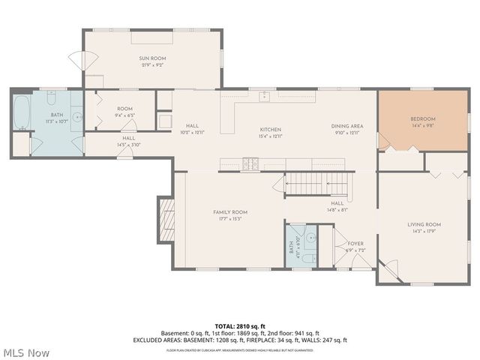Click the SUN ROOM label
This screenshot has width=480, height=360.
coord(151,58)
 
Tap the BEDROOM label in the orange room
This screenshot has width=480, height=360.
coord(422,119)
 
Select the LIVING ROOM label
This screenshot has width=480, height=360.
coord(424,224)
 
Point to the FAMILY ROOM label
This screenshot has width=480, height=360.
coord(229,212)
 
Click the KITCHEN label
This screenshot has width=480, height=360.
coord(270,129)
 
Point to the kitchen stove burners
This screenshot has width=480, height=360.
coord(250,163)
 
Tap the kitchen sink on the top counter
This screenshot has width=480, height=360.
coord(264,96)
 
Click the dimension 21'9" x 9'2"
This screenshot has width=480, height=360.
coord(151,65)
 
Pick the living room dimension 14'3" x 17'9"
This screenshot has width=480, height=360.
coord(424,232)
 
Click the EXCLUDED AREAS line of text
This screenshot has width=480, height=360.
coord(240,340)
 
